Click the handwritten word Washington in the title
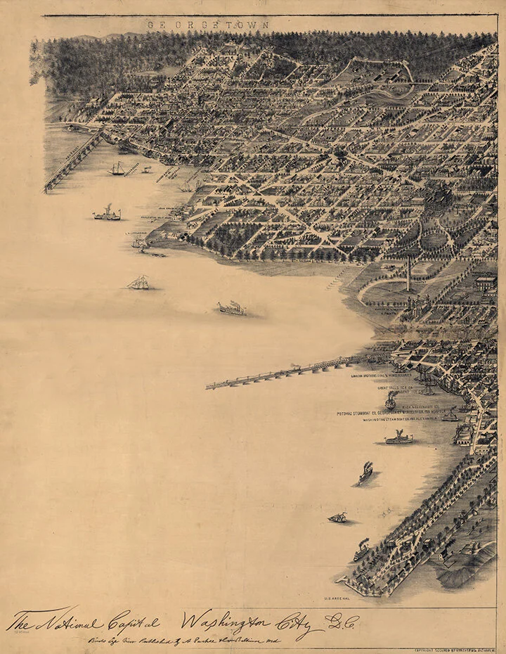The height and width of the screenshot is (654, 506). pyautogui.click(x=225, y=620)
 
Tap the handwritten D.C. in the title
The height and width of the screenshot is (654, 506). pyautogui.click(x=342, y=621)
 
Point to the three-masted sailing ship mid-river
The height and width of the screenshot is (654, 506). pyautogui.click(x=138, y=283)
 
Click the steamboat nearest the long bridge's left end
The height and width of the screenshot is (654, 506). pyautogui.click(x=233, y=308)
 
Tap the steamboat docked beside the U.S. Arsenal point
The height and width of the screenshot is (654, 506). pyautogui.click(x=361, y=549)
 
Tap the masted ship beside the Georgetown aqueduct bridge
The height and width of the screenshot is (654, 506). pyautogui.click(x=117, y=169)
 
